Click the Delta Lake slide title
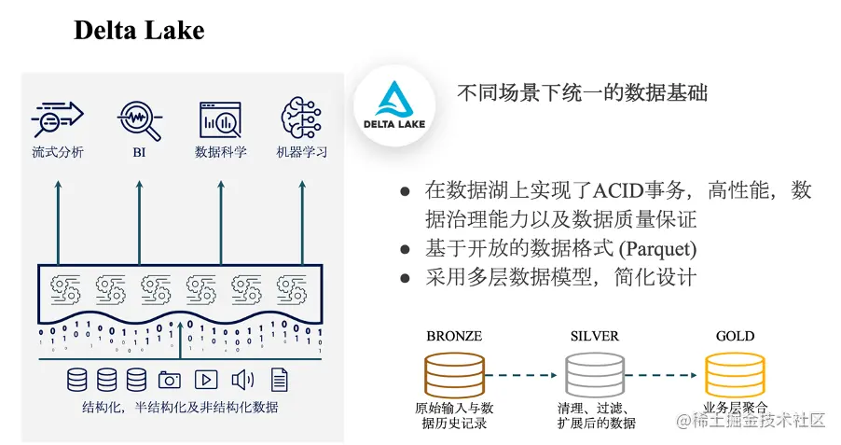[139, 30]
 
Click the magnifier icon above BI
[139, 118]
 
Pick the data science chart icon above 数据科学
[220, 118]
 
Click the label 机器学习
[301, 151]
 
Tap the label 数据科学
[220, 151]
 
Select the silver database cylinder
[594, 374]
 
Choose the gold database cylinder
[734, 374]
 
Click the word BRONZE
[454, 336]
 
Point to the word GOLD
[735, 336]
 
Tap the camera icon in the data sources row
[169, 380]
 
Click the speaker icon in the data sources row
[242, 380]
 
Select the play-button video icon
[205, 380]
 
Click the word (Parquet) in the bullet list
[657, 249]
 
